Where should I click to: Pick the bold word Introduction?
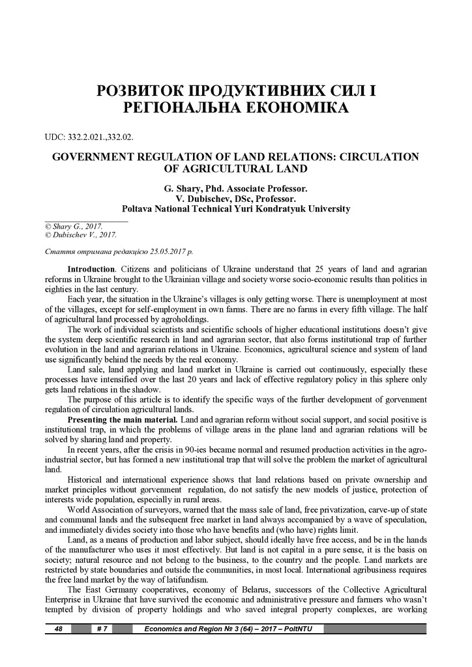91,269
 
